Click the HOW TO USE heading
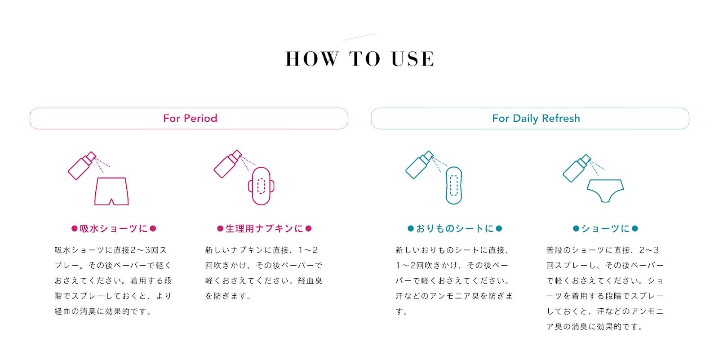pyautogui.click(x=360, y=59)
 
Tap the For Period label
pyautogui.click(x=190, y=118)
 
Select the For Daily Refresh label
pyautogui.click(x=536, y=119)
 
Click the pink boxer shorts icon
pyautogui.click(x=111, y=191)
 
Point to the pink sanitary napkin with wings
pyautogui.click(x=261, y=186)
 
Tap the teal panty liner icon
pyautogui.click(x=453, y=185)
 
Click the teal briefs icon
pyautogui.click(x=605, y=191)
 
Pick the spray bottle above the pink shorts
pyautogui.click(x=82, y=166)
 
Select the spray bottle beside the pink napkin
pyautogui.click(x=227, y=164)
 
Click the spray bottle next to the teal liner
pyautogui.click(x=419, y=165)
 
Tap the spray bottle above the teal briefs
pyautogui.click(x=577, y=168)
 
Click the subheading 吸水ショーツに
pyautogui.click(x=114, y=229)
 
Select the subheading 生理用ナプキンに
pyautogui.click(x=264, y=229)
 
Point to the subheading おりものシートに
pyautogui.click(x=455, y=229)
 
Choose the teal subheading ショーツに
pyautogui.click(x=605, y=229)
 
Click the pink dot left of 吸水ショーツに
pyautogui.click(x=75, y=229)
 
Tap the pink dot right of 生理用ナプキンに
pyautogui.click(x=308, y=229)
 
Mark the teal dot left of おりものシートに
pyautogui.click(x=411, y=229)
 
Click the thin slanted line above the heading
pyautogui.click(x=359, y=36)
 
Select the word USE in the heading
pyautogui.click(x=413, y=59)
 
